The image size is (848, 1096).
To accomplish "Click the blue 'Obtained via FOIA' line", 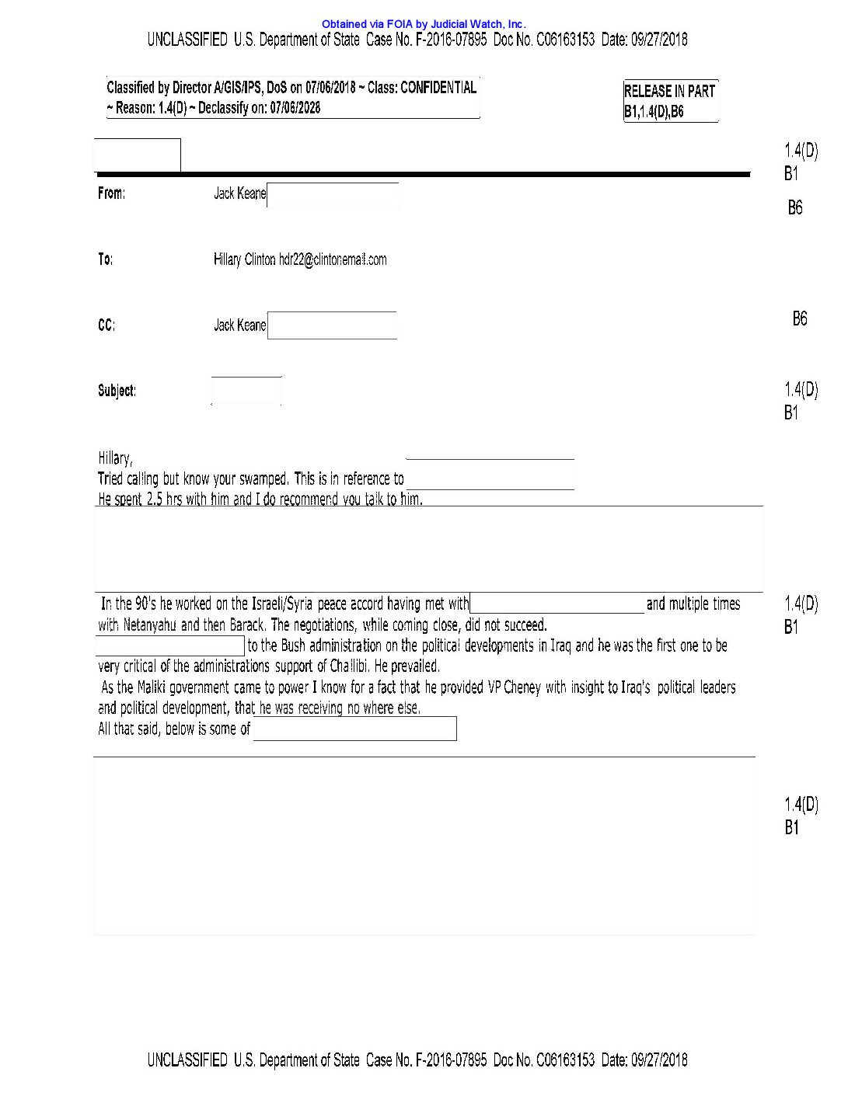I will [x=424, y=24].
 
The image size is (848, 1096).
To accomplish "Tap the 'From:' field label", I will [x=111, y=193].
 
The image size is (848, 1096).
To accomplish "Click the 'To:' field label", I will [x=105, y=259].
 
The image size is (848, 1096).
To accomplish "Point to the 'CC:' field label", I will [x=106, y=325].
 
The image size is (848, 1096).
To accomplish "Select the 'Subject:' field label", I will [x=117, y=391].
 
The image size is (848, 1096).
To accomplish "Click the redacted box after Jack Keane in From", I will [x=333, y=195].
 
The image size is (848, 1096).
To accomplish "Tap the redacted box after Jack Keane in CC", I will [x=332, y=325].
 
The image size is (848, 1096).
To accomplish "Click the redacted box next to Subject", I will [x=246, y=391].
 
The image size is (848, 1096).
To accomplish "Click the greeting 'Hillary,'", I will [x=115, y=458].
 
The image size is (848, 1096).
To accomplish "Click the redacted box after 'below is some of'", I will [x=354, y=729].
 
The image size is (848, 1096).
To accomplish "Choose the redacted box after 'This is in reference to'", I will [x=490, y=475].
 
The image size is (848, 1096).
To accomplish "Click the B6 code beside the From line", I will [x=795, y=207].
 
